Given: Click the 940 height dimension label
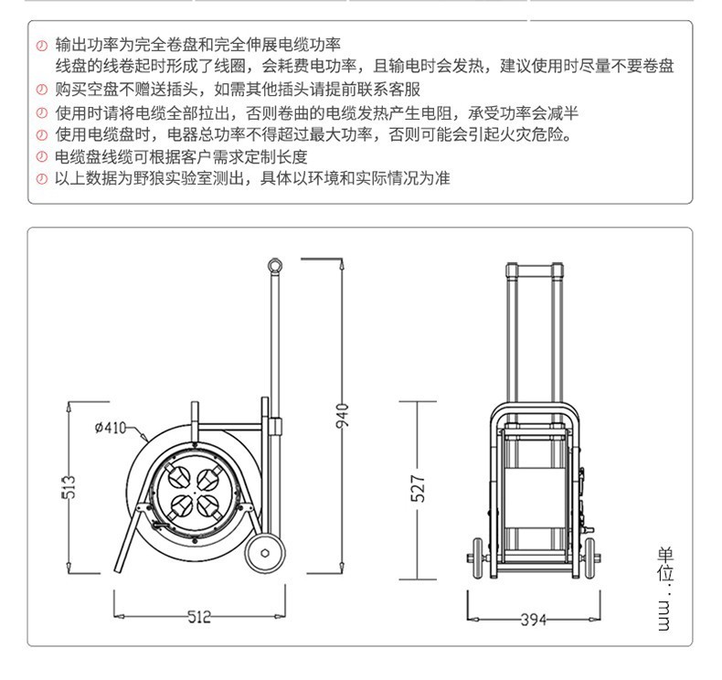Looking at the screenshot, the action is pos(342,415).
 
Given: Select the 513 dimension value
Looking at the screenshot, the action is pos(69,487).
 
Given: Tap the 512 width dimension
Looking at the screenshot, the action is pos(199,616).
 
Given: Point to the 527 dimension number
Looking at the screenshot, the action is pos(418,488).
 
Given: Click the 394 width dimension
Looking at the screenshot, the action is pos(533,620).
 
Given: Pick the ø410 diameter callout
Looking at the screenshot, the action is pos(111,428).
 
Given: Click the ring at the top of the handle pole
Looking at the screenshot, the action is pos(274,265).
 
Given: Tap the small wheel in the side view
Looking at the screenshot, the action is pos(265,552).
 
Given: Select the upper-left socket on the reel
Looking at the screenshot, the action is pos(176,476).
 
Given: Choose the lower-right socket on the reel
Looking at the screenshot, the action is pos(209,506).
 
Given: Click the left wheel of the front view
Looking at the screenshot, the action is pos(477,558).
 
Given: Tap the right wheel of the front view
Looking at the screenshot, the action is pos(589,558).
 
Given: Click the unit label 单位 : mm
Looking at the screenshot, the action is pos(665,589).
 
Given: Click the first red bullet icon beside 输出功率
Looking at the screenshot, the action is pos(42,46).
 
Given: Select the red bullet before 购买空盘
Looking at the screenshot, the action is pos(42,90).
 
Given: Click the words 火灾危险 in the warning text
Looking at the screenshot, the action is pos(531,134).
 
